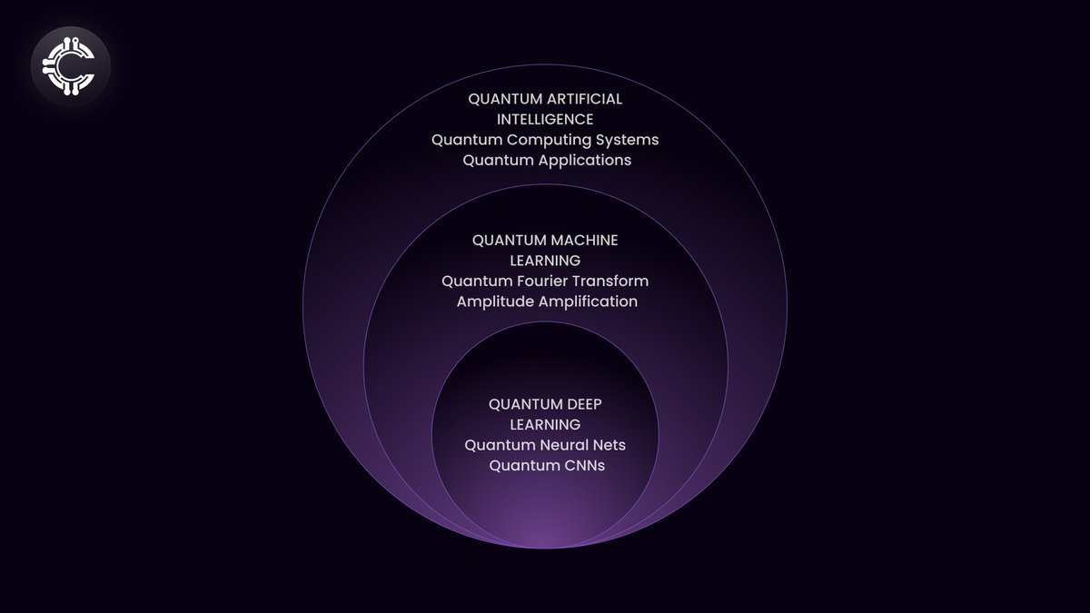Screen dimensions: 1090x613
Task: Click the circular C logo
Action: coord(71,66)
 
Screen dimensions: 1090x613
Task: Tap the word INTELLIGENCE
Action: coord(545,119)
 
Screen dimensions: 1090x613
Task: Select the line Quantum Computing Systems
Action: coord(545,140)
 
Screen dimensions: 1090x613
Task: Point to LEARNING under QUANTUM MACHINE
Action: coord(545,261)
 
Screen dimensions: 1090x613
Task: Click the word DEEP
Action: coord(581,404)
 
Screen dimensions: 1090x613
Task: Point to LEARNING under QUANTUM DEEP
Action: coord(545,424)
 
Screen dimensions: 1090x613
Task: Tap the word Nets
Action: coord(610,445)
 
